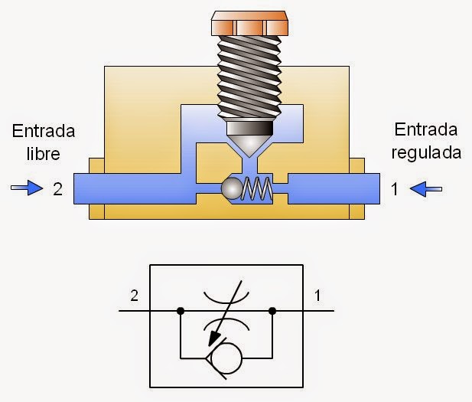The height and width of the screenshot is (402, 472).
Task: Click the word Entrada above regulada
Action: (426, 130)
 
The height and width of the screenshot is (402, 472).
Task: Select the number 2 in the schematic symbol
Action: (135, 294)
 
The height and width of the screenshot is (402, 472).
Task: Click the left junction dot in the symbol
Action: (180, 312)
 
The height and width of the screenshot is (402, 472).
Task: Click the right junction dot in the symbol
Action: (273, 312)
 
